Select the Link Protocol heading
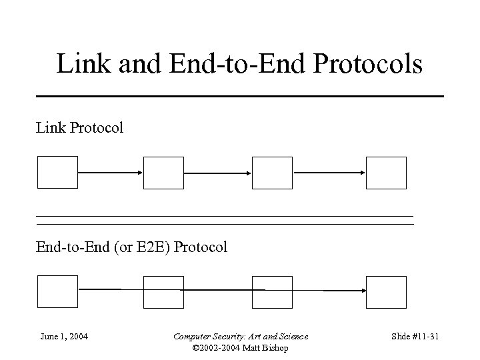79,127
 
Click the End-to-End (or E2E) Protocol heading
131,247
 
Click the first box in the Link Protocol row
58,173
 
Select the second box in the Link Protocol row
163,173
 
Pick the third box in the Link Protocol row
272,173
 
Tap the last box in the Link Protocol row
386,173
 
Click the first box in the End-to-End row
58,291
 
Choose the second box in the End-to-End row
163,292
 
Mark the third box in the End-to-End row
272,292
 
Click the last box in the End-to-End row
386,292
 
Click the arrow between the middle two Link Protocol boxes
218,173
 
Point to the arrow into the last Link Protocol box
329,173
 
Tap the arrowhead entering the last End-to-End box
363,291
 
